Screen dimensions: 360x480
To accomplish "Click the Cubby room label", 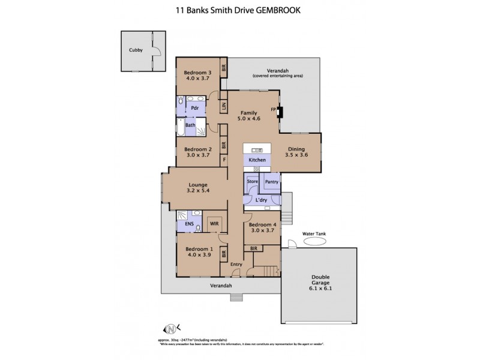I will (x=136, y=50).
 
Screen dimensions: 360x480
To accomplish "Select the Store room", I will (x=252, y=182).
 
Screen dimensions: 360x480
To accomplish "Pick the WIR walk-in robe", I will (x=214, y=223).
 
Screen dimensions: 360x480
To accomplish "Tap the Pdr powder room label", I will (x=194, y=108).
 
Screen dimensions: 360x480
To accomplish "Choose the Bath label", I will (x=190, y=125).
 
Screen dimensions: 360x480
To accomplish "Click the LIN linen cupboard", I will (x=223, y=107).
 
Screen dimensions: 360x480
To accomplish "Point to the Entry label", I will (x=236, y=264).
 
